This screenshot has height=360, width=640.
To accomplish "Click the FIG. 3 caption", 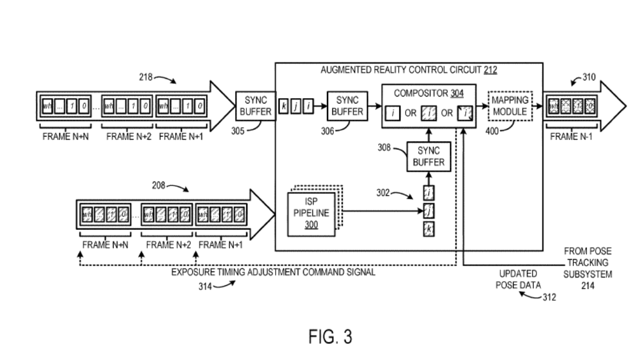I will (x=330, y=338).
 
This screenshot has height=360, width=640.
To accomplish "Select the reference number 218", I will (x=146, y=77).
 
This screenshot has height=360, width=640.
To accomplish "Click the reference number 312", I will (x=548, y=297).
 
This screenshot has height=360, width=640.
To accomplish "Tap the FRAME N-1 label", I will (x=571, y=136).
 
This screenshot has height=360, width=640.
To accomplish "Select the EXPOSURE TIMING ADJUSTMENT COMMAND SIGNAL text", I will (x=273, y=272).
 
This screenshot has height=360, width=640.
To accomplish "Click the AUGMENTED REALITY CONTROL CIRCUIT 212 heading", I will (x=409, y=70).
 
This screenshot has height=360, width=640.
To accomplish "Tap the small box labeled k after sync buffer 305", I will (x=283, y=107).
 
